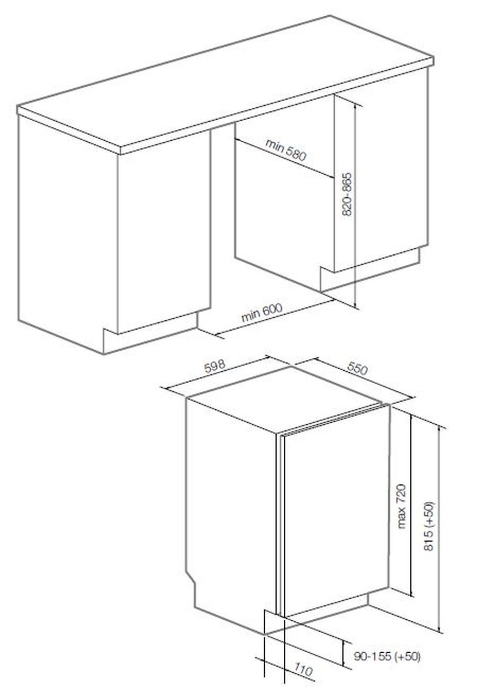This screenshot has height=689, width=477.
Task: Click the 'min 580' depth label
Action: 286,150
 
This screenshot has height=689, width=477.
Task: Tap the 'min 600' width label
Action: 262,313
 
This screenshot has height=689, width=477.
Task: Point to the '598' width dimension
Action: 215,366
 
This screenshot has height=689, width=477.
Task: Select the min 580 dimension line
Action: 284,158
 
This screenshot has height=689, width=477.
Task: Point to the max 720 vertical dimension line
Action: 411,504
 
